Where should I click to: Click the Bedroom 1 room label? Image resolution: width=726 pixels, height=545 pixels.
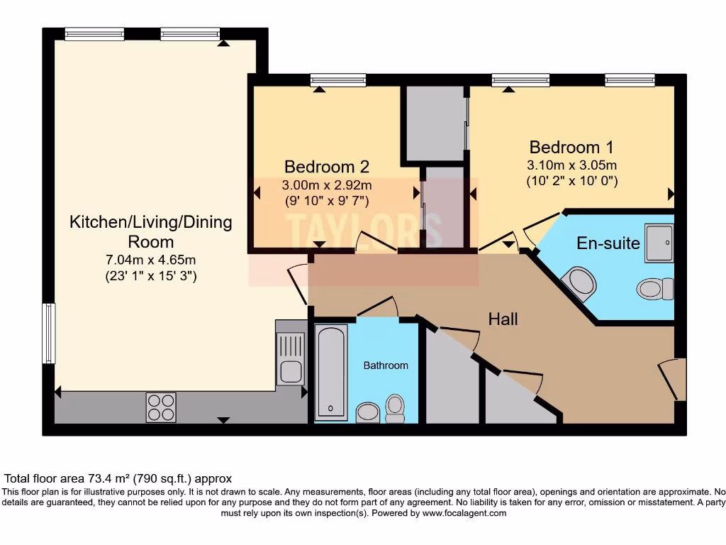(x=571, y=147)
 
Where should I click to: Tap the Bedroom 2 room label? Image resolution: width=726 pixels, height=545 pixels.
(x=326, y=167)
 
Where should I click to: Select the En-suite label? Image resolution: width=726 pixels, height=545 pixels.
(x=608, y=243)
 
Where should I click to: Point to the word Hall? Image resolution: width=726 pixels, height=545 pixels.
(x=503, y=319)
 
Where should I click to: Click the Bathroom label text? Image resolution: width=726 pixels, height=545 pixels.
(x=386, y=365)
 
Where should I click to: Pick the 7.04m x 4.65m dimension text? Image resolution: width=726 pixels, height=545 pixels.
(x=151, y=259)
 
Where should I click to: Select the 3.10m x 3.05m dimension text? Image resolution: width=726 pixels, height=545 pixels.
(x=571, y=165)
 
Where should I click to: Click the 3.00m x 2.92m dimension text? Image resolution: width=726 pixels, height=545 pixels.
(x=326, y=185)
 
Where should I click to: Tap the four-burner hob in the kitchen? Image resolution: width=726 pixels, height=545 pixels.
(x=160, y=407)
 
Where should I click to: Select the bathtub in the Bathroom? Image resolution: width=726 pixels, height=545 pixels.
(x=331, y=372)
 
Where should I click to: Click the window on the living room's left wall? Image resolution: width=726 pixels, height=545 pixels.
(x=48, y=334)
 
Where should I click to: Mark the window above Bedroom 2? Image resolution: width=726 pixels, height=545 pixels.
(x=337, y=80)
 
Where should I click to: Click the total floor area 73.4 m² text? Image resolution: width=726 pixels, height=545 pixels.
(x=118, y=479)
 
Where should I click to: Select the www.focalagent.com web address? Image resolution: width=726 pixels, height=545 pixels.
(x=464, y=513)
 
